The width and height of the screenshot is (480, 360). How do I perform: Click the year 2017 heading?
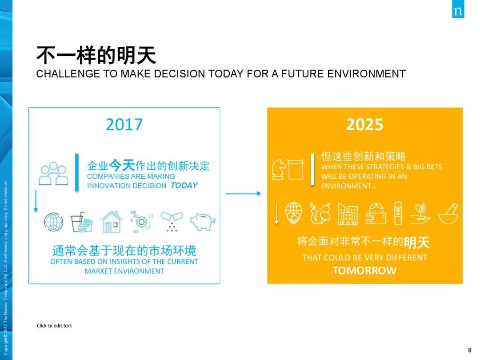(124, 124)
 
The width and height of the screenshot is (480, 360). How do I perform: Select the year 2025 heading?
(364, 124)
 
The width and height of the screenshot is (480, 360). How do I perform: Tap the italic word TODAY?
(184, 185)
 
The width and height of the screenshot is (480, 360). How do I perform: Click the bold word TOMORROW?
(364, 270)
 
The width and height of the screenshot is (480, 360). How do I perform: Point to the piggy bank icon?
(203, 221)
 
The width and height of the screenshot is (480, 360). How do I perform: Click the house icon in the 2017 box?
(112, 222)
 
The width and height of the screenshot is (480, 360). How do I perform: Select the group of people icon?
(53, 174)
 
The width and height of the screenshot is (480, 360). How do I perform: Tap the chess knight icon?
(279, 169)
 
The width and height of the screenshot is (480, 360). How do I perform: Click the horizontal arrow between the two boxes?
(244, 193)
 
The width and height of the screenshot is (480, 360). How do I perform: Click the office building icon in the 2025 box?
(348, 213)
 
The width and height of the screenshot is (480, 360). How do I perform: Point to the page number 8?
(470, 350)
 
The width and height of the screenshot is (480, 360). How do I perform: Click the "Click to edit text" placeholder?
(54, 326)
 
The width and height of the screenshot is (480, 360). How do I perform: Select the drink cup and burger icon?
(81, 222)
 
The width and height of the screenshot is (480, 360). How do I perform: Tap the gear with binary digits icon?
(141, 222)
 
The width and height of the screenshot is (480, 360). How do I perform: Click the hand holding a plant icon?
(420, 213)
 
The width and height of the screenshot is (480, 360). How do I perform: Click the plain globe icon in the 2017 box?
(53, 222)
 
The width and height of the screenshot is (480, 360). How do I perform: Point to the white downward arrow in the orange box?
(276, 213)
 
